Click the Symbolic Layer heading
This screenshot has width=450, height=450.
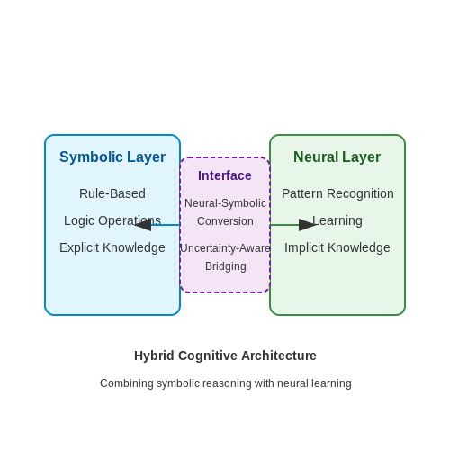112,157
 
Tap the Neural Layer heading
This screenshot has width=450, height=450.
337,157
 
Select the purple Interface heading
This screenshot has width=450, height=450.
225,175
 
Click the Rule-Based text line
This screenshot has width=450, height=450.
112,193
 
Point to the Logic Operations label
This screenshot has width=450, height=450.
112,220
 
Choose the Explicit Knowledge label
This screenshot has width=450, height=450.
112,247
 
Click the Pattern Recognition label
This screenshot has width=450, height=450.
337,193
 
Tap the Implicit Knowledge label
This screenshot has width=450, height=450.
337,247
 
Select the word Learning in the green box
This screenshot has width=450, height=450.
337,220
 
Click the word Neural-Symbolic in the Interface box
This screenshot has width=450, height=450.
225,203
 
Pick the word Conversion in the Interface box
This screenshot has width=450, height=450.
225,221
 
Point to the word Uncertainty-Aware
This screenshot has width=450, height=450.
225,248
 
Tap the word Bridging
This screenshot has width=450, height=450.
226,266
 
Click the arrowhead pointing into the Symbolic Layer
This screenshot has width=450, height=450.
143,225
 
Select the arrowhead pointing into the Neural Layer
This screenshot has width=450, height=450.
308,225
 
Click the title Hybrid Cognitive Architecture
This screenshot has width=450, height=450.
225,355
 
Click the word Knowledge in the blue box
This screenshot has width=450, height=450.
134,247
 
